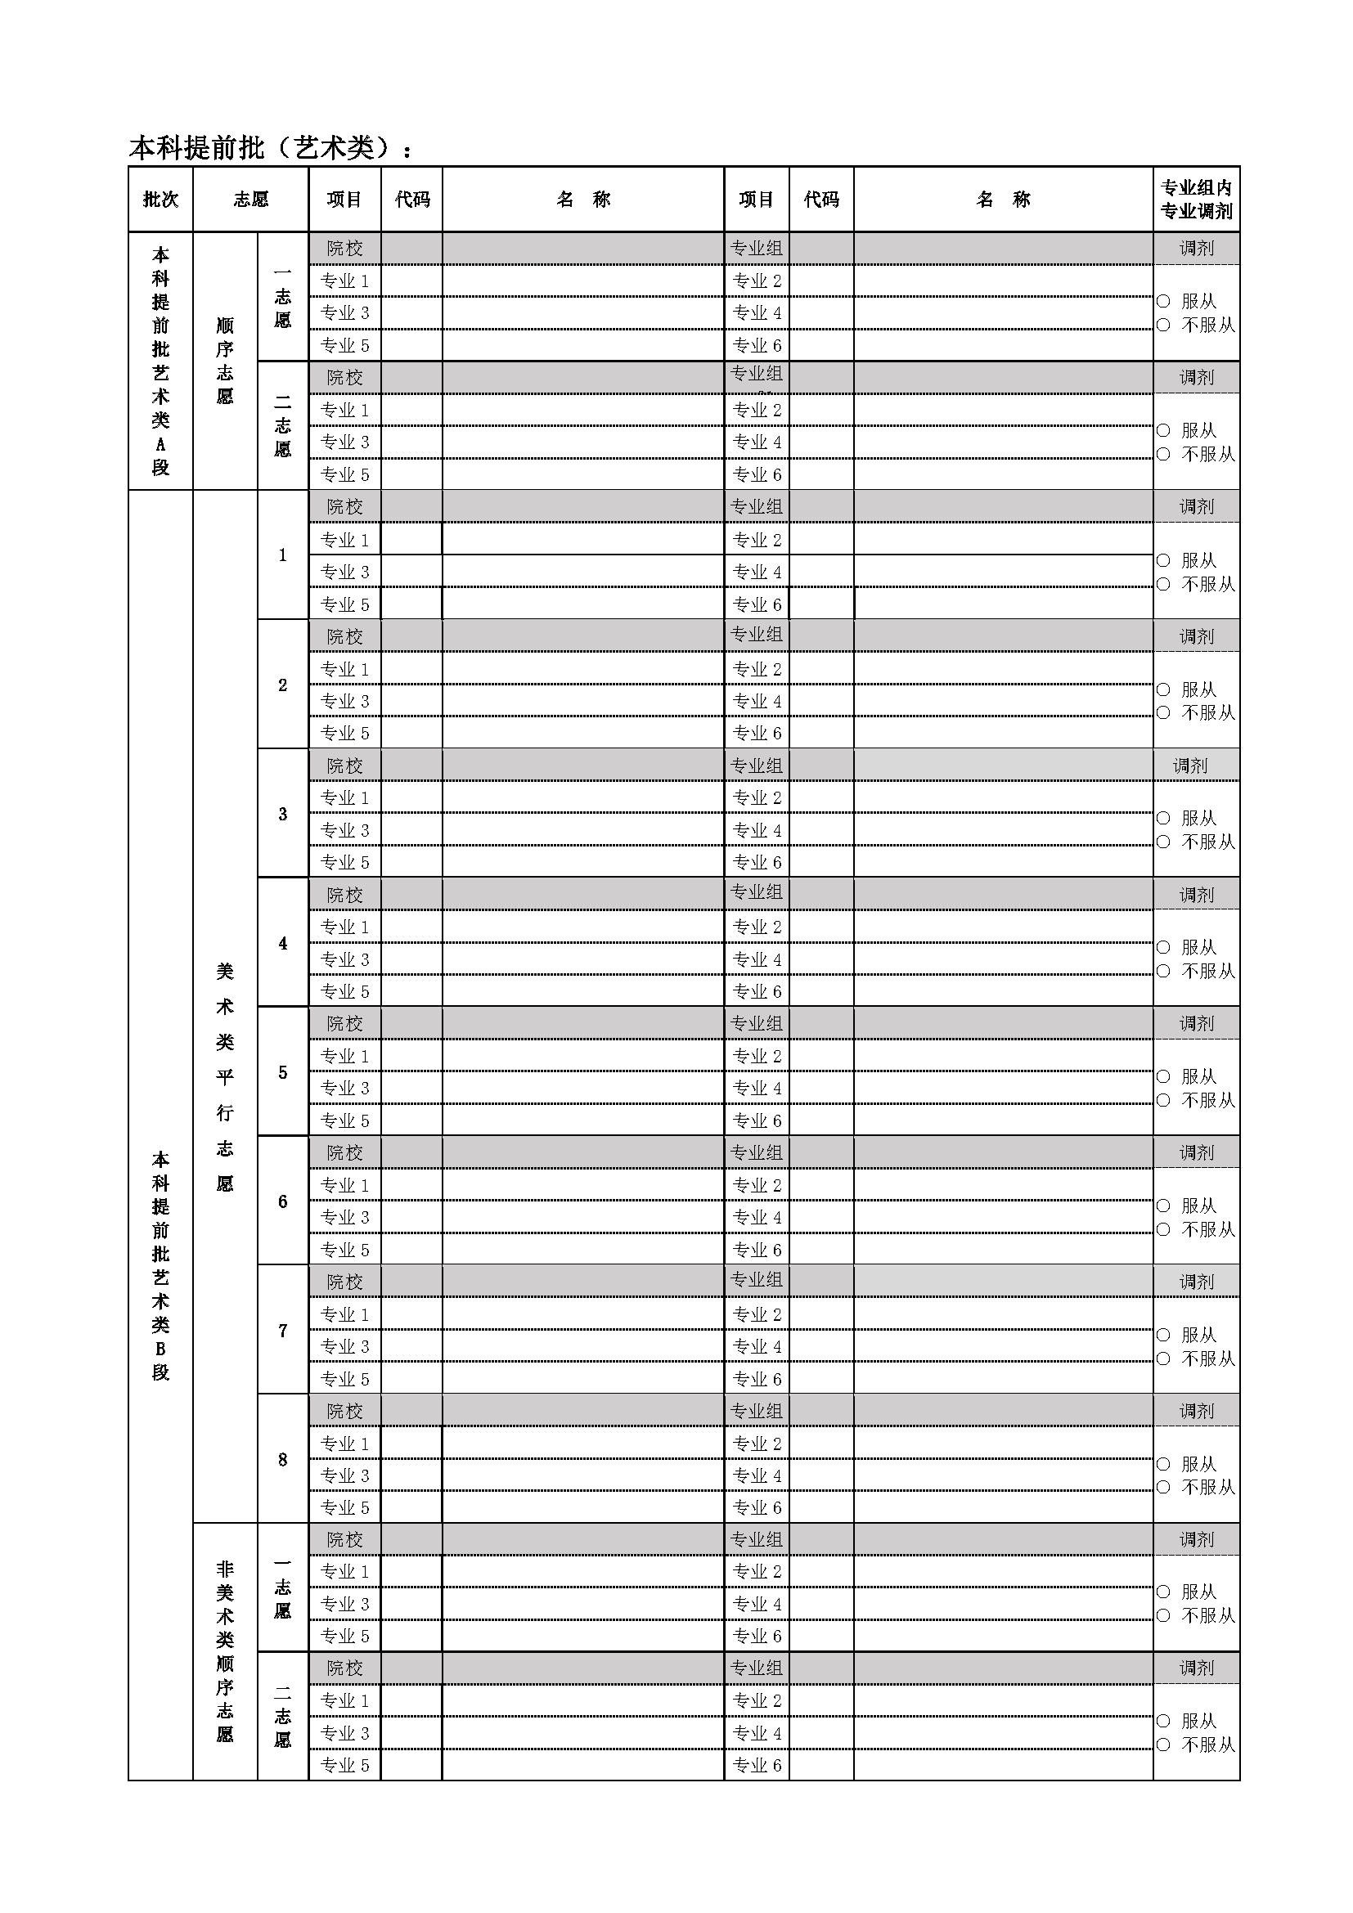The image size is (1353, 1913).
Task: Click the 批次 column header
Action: click(161, 200)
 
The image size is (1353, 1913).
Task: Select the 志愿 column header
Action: click(251, 200)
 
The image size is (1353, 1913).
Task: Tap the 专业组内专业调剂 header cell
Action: click(1197, 200)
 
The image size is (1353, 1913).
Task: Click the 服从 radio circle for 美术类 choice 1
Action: click(1164, 560)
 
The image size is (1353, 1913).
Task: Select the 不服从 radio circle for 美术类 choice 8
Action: click(1164, 1487)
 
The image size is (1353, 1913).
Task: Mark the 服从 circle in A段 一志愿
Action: click(1164, 301)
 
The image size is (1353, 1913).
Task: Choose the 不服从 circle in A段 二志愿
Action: click(1164, 454)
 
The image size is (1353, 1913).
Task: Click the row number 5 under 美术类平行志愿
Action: click(282, 1072)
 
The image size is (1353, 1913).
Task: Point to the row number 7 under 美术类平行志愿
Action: click(282, 1331)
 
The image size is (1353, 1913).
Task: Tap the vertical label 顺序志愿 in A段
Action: click(225, 361)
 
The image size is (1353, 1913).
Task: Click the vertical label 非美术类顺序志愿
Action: click(225, 1650)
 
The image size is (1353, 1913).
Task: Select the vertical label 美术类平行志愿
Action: click(225, 1076)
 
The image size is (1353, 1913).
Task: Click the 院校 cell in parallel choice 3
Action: click(344, 766)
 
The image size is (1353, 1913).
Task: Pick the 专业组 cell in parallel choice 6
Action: click(757, 1152)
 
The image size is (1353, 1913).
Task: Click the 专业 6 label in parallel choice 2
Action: click(757, 733)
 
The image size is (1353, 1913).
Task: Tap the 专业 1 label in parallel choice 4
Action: click(344, 927)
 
